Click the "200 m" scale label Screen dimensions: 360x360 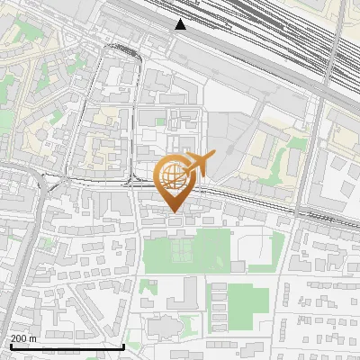click(x=23, y=338)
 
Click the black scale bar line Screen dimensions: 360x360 click(x=67, y=346)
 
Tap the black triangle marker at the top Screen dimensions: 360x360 click(x=181, y=24)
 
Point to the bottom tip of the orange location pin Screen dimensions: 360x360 click(x=174, y=211)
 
